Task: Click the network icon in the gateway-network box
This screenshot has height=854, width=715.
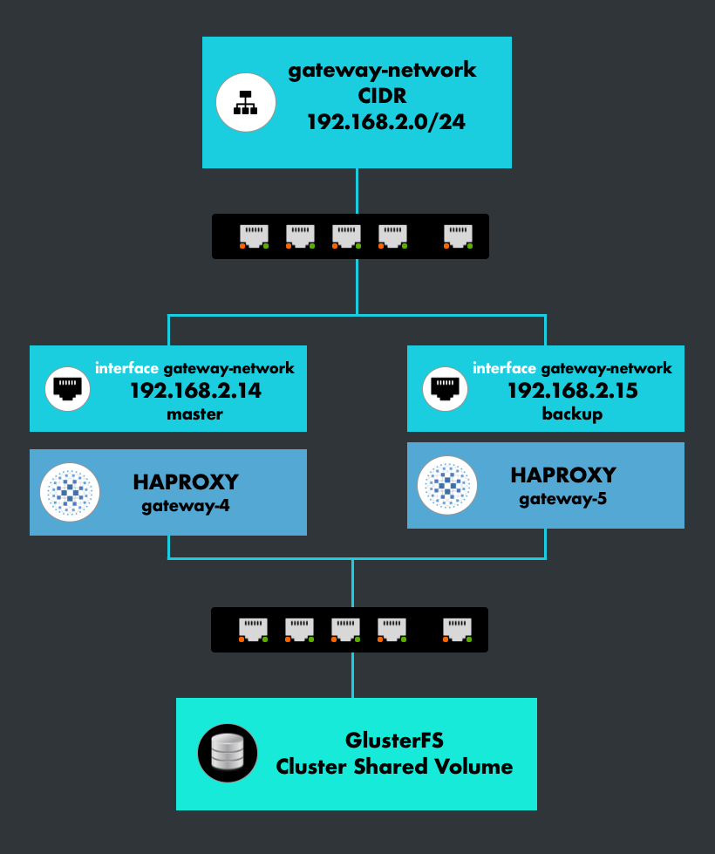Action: click(246, 102)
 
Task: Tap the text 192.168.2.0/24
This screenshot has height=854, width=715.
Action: click(385, 122)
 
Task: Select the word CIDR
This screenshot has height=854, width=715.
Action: click(384, 96)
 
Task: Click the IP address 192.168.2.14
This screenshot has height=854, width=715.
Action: click(195, 391)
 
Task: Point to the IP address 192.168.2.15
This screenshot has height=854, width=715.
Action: click(573, 391)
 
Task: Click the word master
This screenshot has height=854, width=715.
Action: click(195, 414)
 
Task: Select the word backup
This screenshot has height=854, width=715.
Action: click(572, 413)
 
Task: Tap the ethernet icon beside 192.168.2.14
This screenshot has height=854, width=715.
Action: click(66, 388)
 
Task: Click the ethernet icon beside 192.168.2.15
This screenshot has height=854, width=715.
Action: click(444, 388)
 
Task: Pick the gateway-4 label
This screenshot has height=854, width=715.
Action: click(186, 506)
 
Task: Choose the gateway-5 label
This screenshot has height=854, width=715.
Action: click(563, 499)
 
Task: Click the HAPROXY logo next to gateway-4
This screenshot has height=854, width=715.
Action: click(70, 492)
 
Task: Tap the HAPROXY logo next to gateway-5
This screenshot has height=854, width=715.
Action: click(447, 485)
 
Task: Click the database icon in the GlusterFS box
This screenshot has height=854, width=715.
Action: click(228, 753)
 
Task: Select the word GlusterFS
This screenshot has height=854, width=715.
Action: click(395, 741)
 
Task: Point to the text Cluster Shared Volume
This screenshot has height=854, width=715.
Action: click(394, 767)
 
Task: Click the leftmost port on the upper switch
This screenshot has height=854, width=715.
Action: click(254, 236)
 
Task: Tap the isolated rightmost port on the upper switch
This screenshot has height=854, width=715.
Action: click(458, 236)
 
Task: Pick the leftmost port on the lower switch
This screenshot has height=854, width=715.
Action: click(253, 629)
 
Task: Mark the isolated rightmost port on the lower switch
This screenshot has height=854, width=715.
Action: click(457, 629)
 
